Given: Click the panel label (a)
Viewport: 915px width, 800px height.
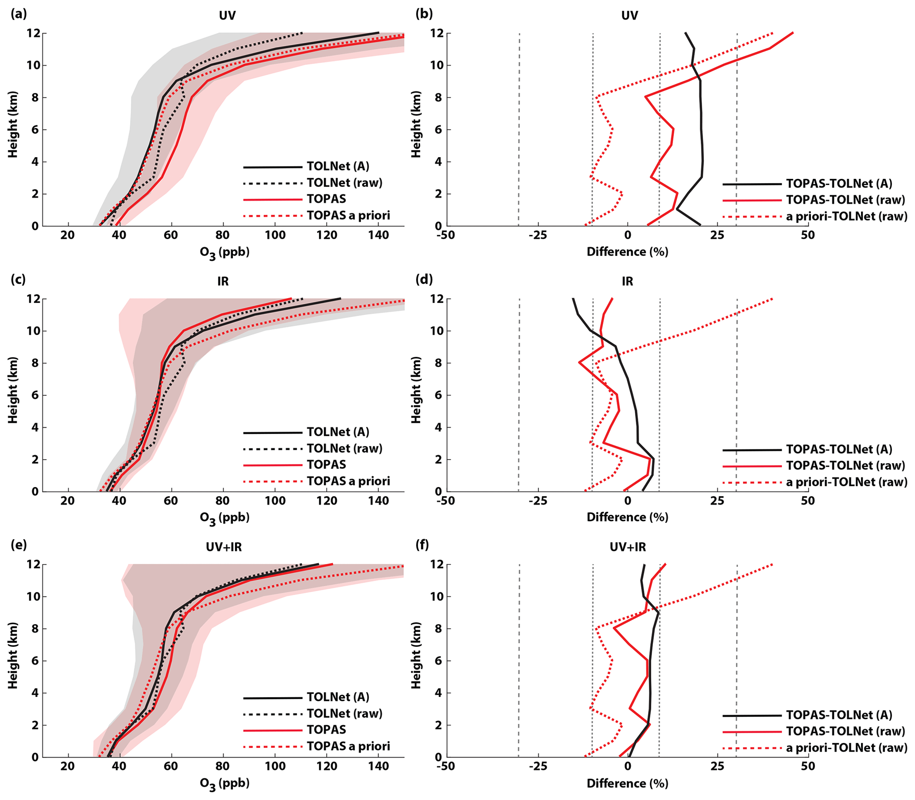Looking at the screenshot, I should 18,14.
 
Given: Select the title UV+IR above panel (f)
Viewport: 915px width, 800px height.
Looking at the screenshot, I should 628,547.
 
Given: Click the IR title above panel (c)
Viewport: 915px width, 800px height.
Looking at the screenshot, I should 223,281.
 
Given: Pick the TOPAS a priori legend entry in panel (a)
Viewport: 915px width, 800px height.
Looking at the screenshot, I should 348,216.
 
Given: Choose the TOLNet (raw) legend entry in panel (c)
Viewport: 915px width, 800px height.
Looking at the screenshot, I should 344,448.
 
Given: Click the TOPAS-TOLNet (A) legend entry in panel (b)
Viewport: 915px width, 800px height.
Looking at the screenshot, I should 839,183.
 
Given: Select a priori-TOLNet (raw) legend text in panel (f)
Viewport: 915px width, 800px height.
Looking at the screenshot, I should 846,747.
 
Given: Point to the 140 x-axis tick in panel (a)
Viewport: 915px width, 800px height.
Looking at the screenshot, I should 378,235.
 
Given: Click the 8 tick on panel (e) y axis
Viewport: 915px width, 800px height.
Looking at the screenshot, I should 35,629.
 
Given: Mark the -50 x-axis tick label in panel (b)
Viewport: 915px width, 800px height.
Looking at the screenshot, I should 445,235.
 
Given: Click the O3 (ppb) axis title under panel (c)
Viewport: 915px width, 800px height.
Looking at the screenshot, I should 224,518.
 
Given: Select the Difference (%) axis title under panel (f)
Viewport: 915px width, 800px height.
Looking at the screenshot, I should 627,784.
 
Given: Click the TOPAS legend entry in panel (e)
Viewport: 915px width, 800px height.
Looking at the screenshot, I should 326,730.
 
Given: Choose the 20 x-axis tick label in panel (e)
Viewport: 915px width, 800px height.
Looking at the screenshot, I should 68,766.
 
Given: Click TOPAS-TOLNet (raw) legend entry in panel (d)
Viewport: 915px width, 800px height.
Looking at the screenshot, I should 845,466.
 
